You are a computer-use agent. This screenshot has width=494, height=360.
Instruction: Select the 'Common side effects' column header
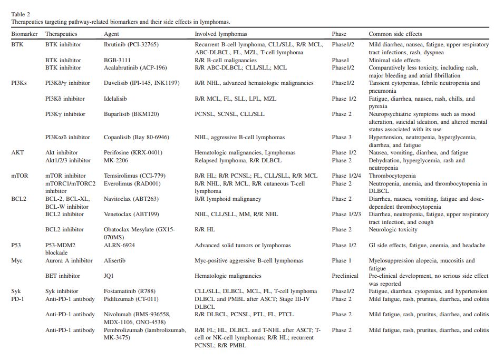point(395,34)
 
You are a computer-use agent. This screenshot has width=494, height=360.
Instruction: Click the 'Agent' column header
point(112,34)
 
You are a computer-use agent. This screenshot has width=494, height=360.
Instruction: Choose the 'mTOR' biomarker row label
point(20,176)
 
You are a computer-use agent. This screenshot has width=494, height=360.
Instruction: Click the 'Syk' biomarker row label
point(16,291)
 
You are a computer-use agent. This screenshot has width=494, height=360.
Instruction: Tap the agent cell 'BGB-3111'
point(117,60)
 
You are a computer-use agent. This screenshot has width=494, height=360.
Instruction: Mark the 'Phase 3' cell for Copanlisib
point(342,138)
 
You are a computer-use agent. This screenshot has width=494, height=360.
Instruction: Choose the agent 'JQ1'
point(109,276)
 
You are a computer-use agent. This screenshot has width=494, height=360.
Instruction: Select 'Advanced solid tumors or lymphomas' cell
point(243,245)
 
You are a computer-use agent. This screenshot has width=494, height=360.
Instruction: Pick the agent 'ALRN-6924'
point(120,245)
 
